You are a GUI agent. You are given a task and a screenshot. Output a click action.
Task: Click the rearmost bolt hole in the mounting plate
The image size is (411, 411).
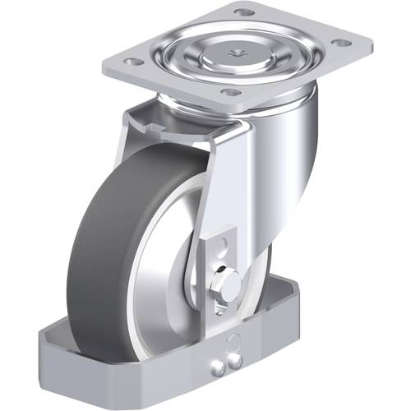(x=243, y=12)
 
